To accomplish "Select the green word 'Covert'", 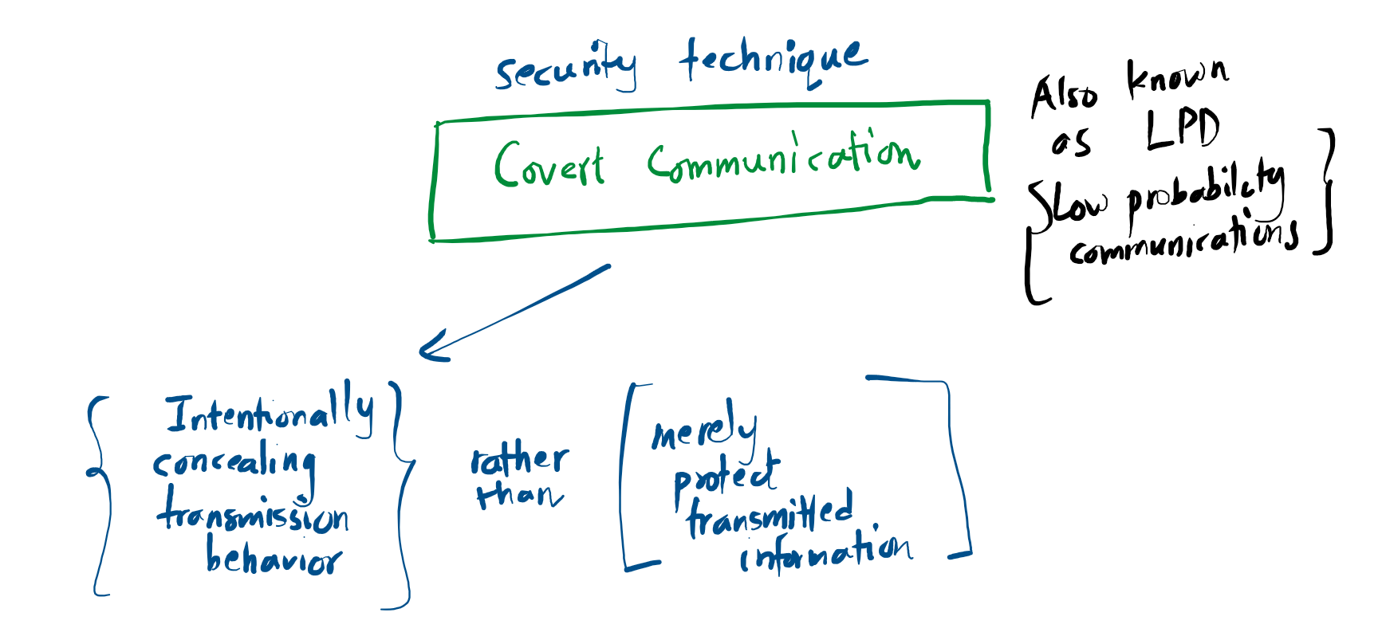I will point(549,165).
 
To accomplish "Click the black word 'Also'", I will point(1064,96).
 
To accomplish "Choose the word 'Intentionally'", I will point(270,414).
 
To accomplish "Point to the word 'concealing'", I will point(234,463).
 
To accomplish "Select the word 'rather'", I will point(520,460).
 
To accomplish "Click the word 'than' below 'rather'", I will point(519,495).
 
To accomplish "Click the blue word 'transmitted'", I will point(770,515).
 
